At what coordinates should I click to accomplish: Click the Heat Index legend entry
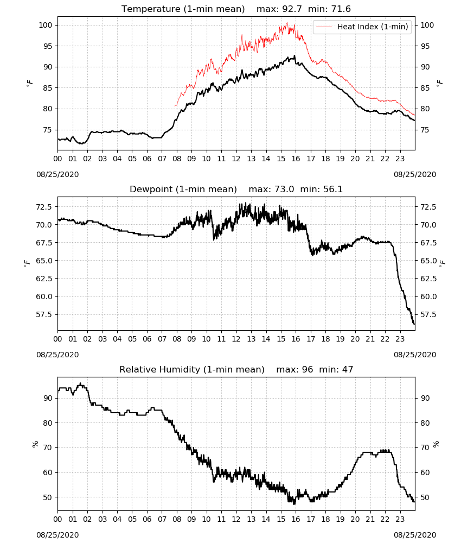point(362,27)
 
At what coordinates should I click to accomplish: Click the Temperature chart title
point(236,9)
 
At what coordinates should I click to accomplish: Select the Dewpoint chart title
point(236,189)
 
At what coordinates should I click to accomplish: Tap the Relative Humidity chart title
point(236,369)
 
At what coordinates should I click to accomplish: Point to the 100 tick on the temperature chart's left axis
point(46,25)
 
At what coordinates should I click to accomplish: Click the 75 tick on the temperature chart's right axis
point(425,130)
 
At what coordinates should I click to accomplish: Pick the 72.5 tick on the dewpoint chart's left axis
point(44,207)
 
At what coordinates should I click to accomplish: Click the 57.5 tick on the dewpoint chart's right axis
point(428,314)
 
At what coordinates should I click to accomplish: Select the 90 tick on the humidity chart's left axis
point(48,398)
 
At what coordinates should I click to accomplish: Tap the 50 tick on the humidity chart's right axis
point(425,497)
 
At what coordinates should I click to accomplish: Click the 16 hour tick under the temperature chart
point(296,159)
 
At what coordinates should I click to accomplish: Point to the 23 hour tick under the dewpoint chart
point(400,339)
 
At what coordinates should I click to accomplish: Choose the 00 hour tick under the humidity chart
point(57,519)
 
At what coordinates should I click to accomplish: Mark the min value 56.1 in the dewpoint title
point(333,189)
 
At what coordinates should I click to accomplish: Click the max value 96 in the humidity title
point(308,369)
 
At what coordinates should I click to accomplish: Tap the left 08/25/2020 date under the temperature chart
point(57,174)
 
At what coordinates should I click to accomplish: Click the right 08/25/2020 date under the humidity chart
point(415,535)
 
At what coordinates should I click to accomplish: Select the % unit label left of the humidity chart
point(35,444)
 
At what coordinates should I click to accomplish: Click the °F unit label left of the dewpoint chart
point(28,264)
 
